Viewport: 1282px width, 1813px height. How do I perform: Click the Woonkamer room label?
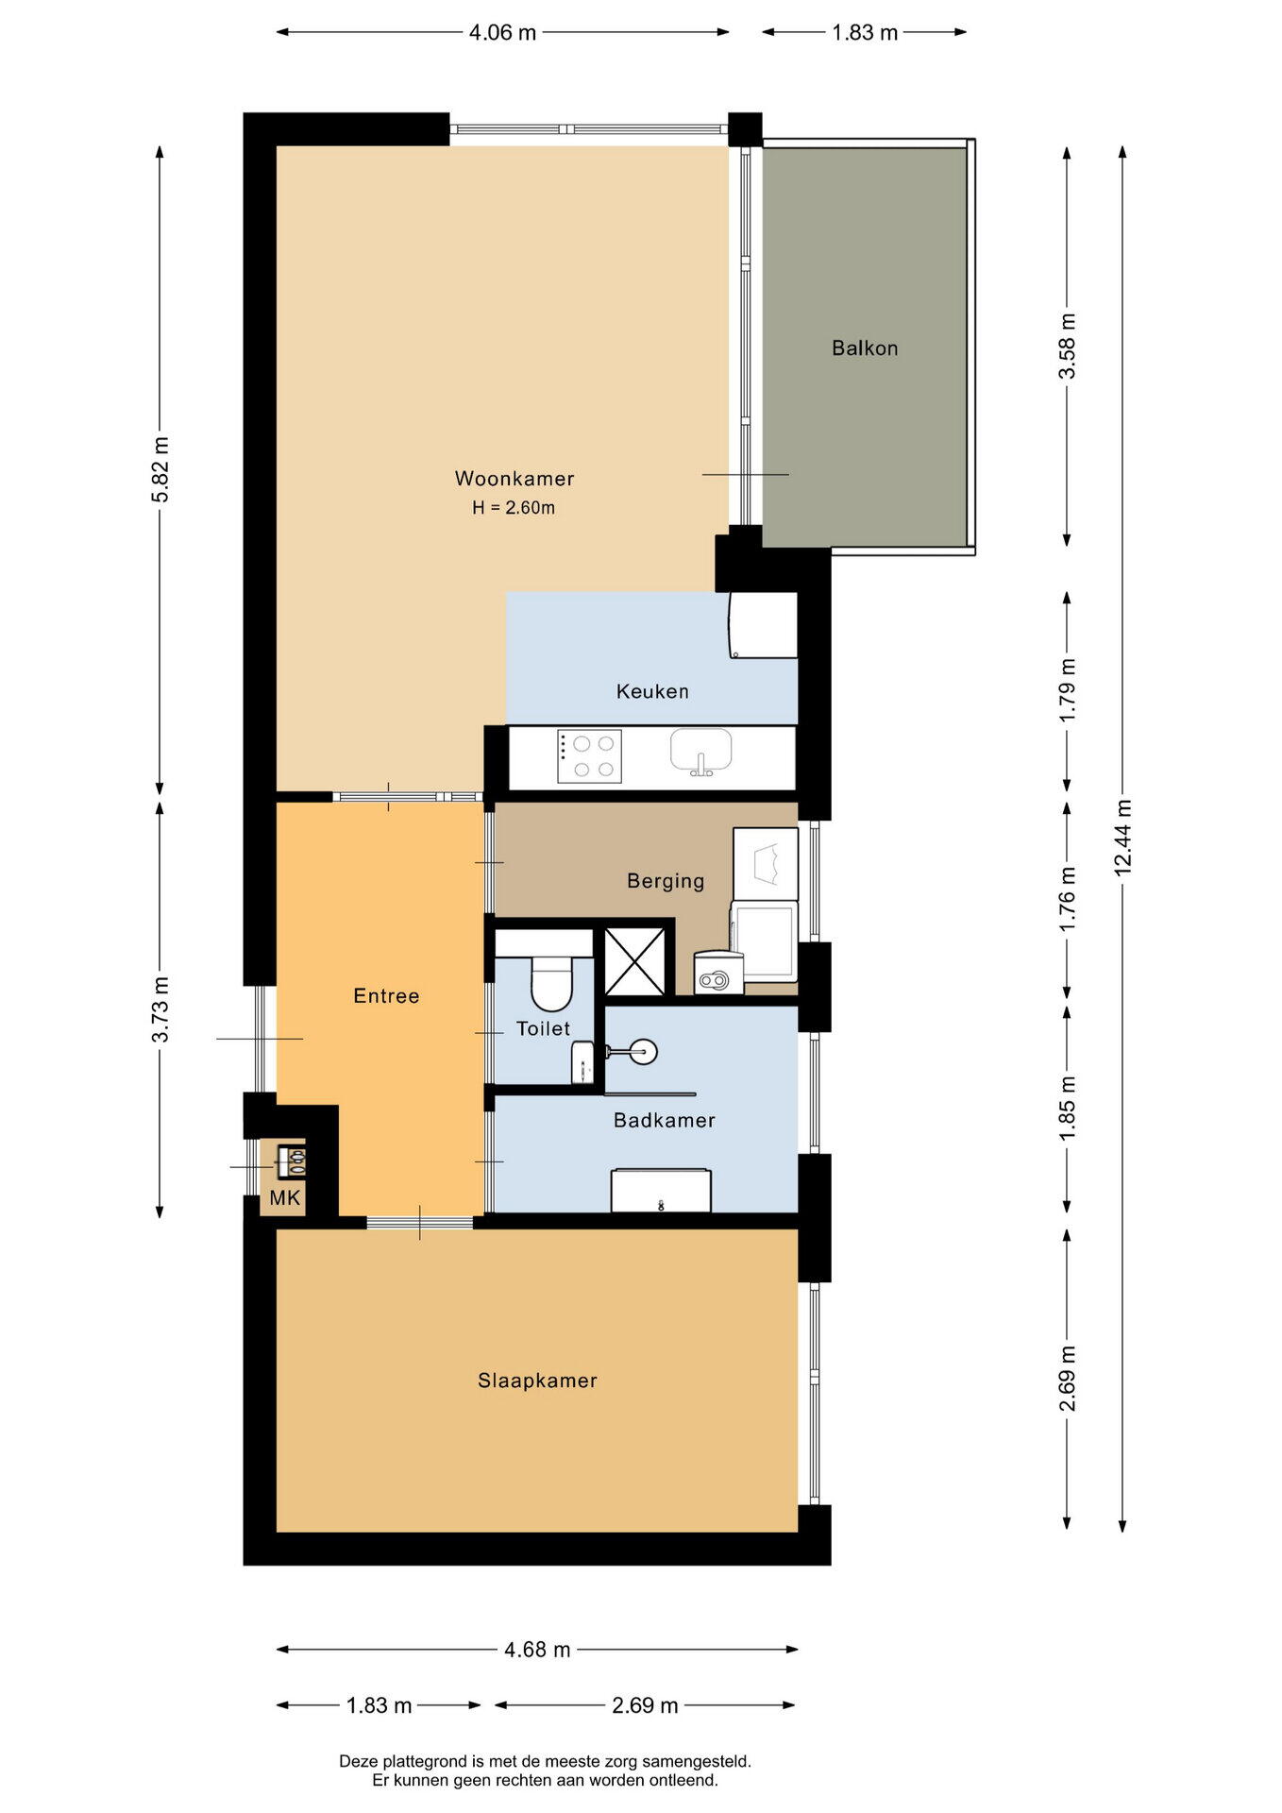point(514,479)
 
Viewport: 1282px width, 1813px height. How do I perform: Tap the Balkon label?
point(865,348)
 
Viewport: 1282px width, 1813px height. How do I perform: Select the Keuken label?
point(652,691)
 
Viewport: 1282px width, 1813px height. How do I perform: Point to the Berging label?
point(666,881)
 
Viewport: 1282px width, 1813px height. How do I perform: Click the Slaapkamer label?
point(537,1381)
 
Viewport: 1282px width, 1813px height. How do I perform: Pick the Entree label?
point(386,995)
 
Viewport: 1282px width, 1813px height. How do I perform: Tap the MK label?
point(285,1198)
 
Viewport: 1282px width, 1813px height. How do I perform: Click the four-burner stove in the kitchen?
point(589,756)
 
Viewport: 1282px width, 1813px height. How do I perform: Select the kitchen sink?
point(701,752)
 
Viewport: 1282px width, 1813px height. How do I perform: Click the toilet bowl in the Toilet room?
point(551,983)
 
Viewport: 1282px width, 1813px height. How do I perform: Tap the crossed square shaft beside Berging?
point(634,962)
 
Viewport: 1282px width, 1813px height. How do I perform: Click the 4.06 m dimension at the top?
point(502,33)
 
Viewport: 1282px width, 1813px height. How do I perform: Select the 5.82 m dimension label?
point(160,469)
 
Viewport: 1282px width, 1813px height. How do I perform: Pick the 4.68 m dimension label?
point(537,1650)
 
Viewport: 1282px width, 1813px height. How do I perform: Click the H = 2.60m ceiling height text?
point(514,508)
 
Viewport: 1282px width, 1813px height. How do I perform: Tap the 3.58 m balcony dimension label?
point(1068,346)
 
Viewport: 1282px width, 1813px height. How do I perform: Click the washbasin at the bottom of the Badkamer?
point(661,1191)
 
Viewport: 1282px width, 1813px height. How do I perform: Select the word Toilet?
point(543,1028)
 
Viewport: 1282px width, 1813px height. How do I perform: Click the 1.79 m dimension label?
point(1068,690)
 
